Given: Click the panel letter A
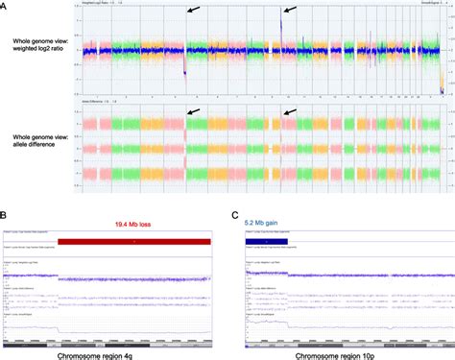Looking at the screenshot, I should pos(7,7).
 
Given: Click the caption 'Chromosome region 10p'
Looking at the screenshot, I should pos(343,351).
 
